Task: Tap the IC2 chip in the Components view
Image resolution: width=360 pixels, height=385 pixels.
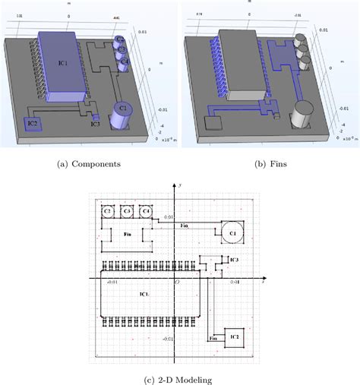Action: pos(33,122)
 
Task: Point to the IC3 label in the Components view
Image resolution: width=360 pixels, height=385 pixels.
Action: pos(95,124)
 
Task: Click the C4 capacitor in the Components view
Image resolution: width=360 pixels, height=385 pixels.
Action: pos(125,61)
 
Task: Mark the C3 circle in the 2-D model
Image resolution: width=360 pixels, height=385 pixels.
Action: pos(126,210)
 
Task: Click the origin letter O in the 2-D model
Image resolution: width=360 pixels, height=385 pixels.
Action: pos(177,282)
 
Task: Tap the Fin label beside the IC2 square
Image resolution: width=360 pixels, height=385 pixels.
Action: pos(214,336)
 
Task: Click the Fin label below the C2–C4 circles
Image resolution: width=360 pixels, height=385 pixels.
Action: pos(128,235)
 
